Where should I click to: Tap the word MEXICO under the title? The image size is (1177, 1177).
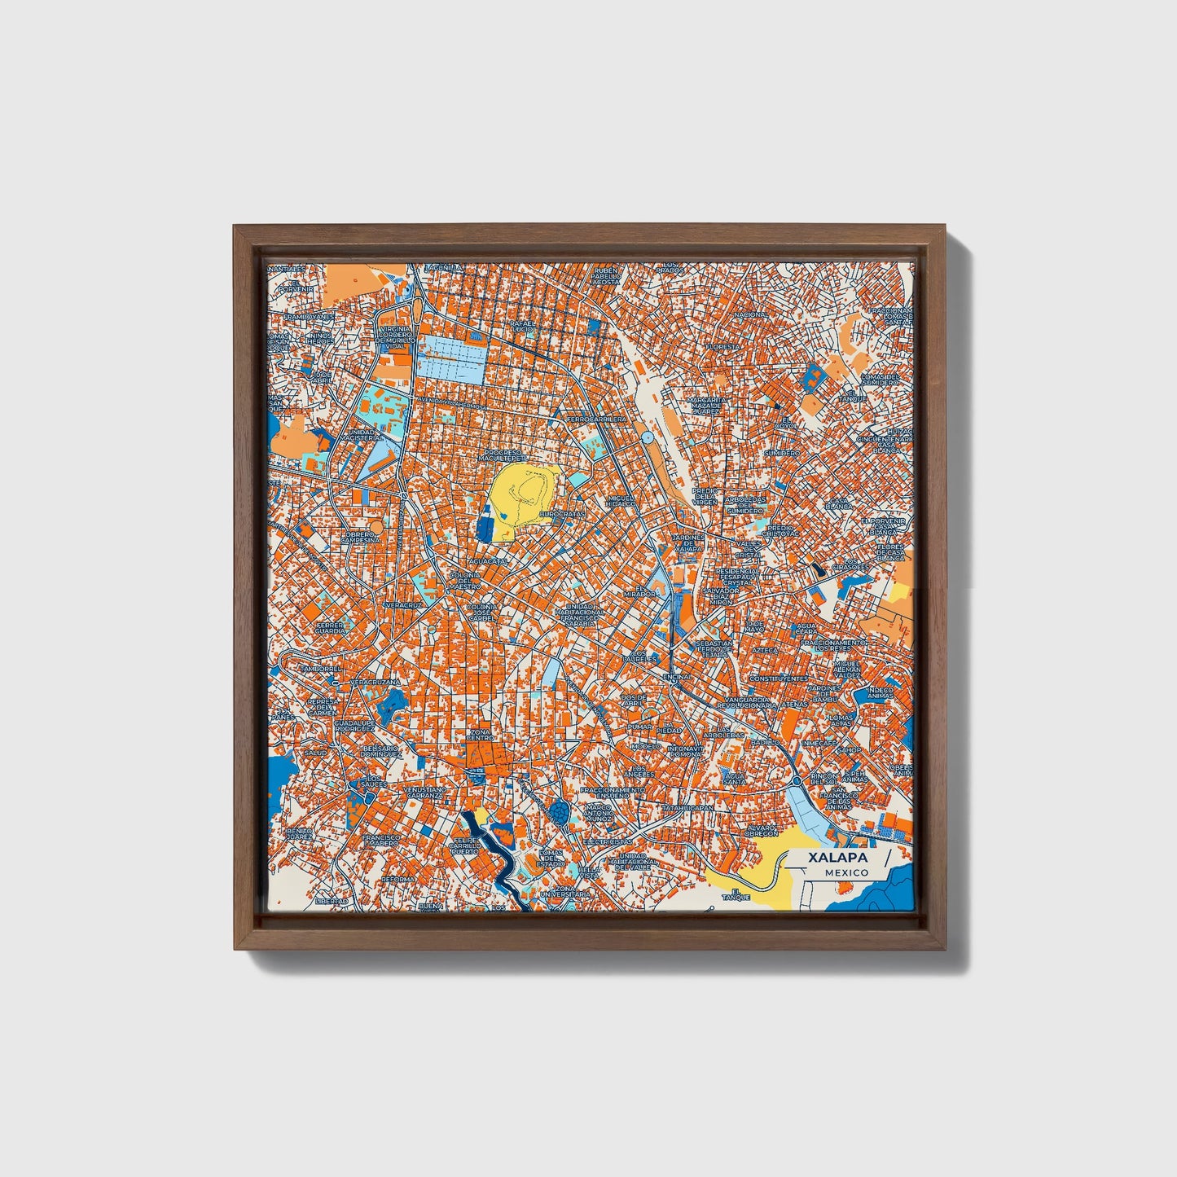click(x=845, y=872)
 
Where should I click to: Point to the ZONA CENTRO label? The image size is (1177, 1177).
click(x=481, y=736)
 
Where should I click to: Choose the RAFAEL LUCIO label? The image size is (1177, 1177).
click(x=521, y=326)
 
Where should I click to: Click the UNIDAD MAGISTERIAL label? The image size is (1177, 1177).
click(x=363, y=435)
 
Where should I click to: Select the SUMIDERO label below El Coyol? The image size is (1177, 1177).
click(x=784, y=452)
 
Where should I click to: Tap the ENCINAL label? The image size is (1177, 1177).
click(x=678, y=677)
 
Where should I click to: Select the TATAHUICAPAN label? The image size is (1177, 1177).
click(x=688, y=808)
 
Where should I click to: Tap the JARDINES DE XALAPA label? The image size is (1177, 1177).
click(x=688, y=543)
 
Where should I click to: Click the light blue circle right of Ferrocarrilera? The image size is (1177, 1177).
click(x=648, y=438)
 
